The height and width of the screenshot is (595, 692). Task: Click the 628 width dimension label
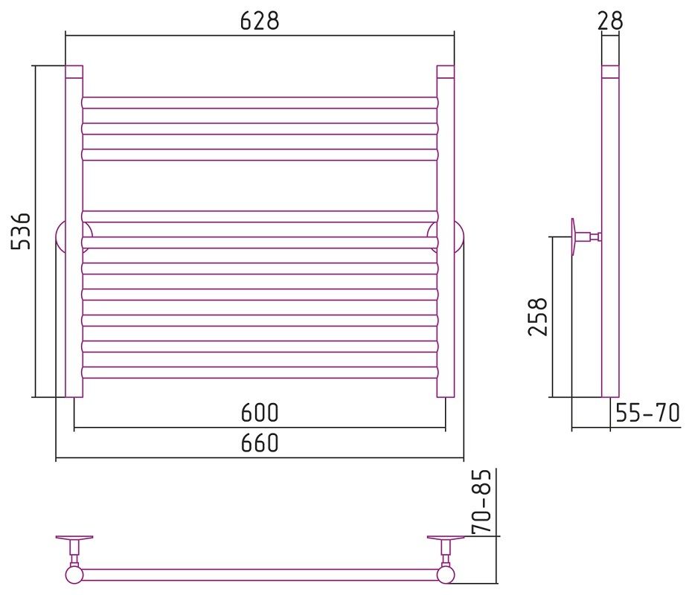(260, 21)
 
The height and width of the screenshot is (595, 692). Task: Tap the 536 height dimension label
(21, 231)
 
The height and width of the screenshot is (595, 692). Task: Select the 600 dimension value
(260, 413)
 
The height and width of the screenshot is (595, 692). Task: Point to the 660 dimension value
(260, 443)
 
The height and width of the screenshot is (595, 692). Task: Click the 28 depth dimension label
(610, 21)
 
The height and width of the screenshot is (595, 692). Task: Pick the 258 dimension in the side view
(538, 317)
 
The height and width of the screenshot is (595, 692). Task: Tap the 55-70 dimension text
(647, 413)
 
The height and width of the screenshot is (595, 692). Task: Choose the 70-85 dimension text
(481, 502)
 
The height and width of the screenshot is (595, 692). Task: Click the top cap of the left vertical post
(74, 72)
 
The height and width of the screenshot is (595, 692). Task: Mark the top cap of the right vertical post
(445, 72)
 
